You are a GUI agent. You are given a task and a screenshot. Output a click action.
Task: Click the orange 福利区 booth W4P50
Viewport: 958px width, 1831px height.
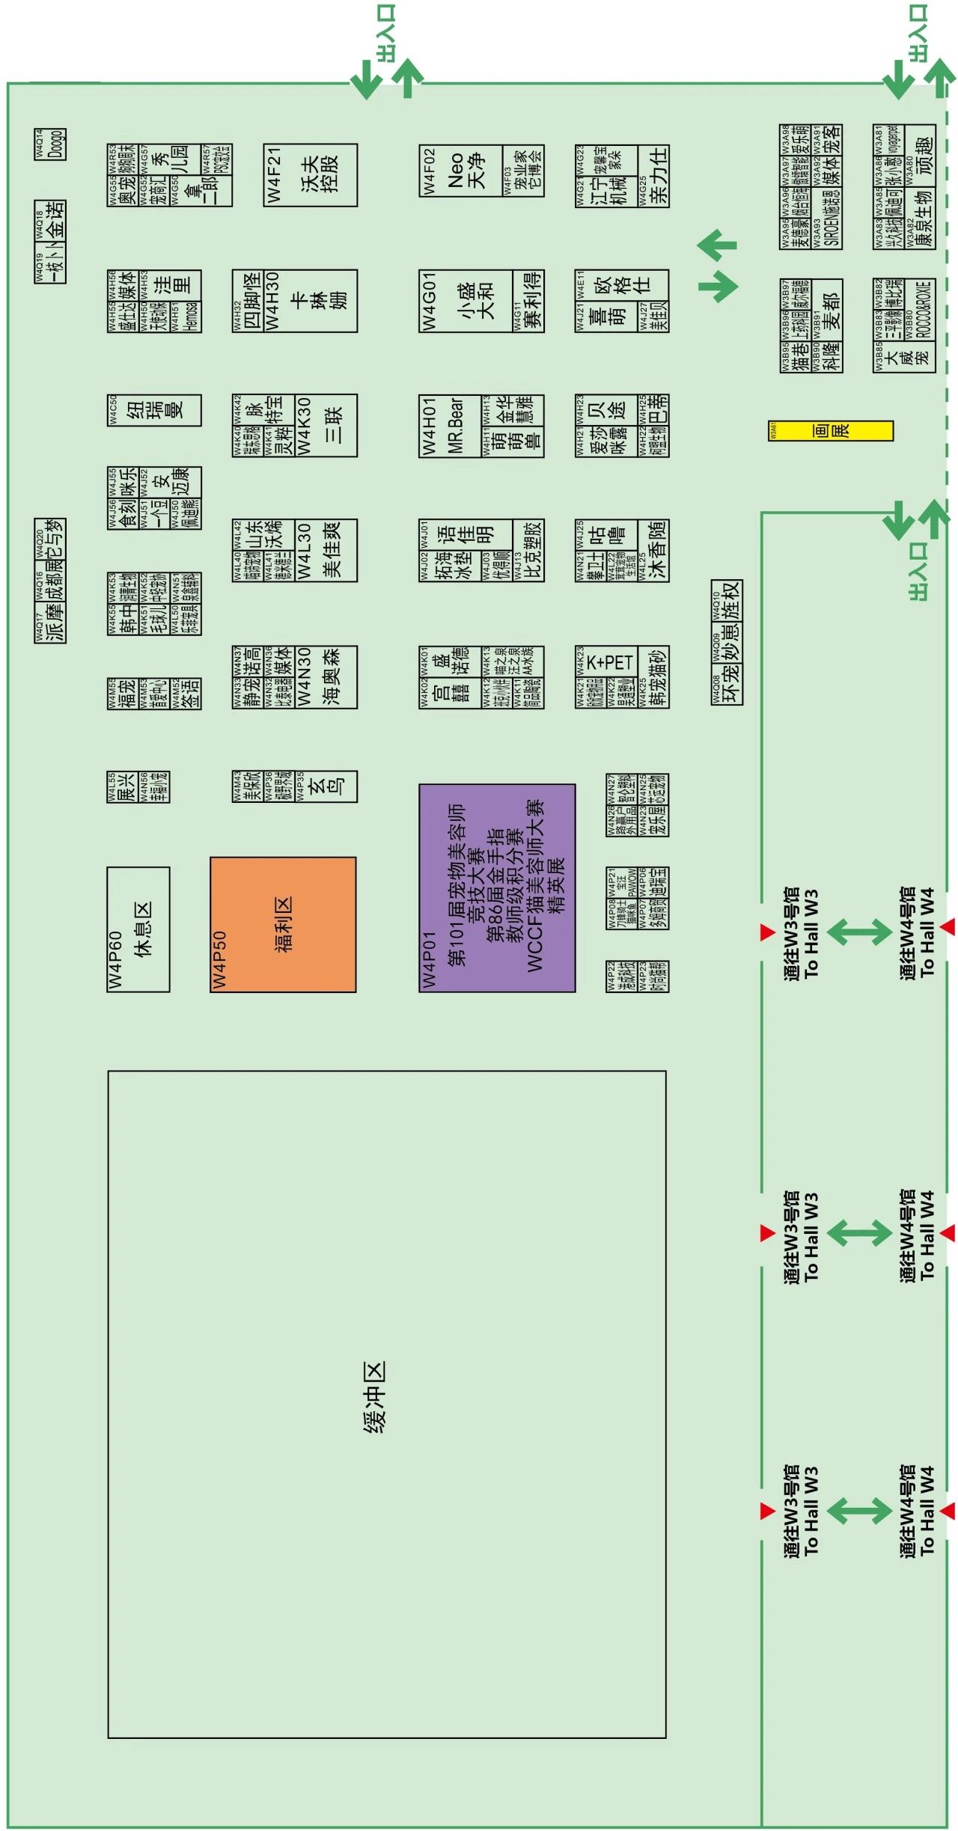[283, 925]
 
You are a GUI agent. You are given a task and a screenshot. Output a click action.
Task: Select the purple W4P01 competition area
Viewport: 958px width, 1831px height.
[497, 887]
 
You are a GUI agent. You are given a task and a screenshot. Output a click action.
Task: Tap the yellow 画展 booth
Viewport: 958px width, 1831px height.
[831, 431]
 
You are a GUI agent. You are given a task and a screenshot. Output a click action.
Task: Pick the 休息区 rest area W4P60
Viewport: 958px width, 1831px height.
[138, 929]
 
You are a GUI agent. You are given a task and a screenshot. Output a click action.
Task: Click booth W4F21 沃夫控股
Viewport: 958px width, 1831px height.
[310, 175]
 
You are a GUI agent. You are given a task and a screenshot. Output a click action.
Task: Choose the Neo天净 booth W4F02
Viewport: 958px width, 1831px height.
[461, 171]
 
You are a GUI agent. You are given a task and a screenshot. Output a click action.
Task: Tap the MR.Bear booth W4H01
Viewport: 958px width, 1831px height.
[449, 425]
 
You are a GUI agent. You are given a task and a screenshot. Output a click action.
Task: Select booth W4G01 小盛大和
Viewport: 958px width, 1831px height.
[466, 300]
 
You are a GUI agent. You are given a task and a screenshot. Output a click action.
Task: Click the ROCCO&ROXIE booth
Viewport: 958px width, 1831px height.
[922, 311]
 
